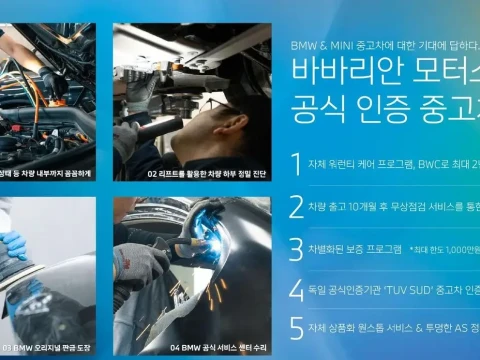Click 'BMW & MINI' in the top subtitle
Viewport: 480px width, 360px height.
[x=318, y=46]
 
